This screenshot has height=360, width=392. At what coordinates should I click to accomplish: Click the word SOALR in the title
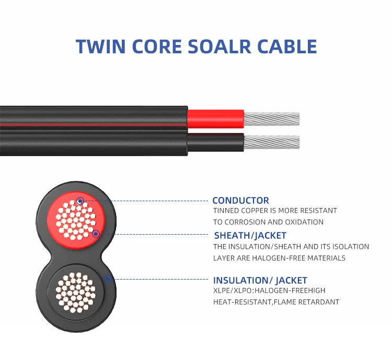click(216, 46)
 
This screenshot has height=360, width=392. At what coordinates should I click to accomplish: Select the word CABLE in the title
click(286, 46)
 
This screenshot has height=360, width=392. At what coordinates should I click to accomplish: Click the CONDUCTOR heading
click(240, 201)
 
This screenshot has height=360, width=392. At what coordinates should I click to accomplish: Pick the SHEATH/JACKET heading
click(250, 235)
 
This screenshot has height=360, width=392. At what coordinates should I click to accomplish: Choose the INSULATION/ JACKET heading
click(260, 281)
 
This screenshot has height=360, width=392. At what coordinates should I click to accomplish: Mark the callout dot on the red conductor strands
click(79, 201)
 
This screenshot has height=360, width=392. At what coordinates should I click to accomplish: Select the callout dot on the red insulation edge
click(96, 234)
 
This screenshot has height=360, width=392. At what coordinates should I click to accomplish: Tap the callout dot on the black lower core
click(107, 279)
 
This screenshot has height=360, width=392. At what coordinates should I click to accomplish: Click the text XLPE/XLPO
click(232, 291)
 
